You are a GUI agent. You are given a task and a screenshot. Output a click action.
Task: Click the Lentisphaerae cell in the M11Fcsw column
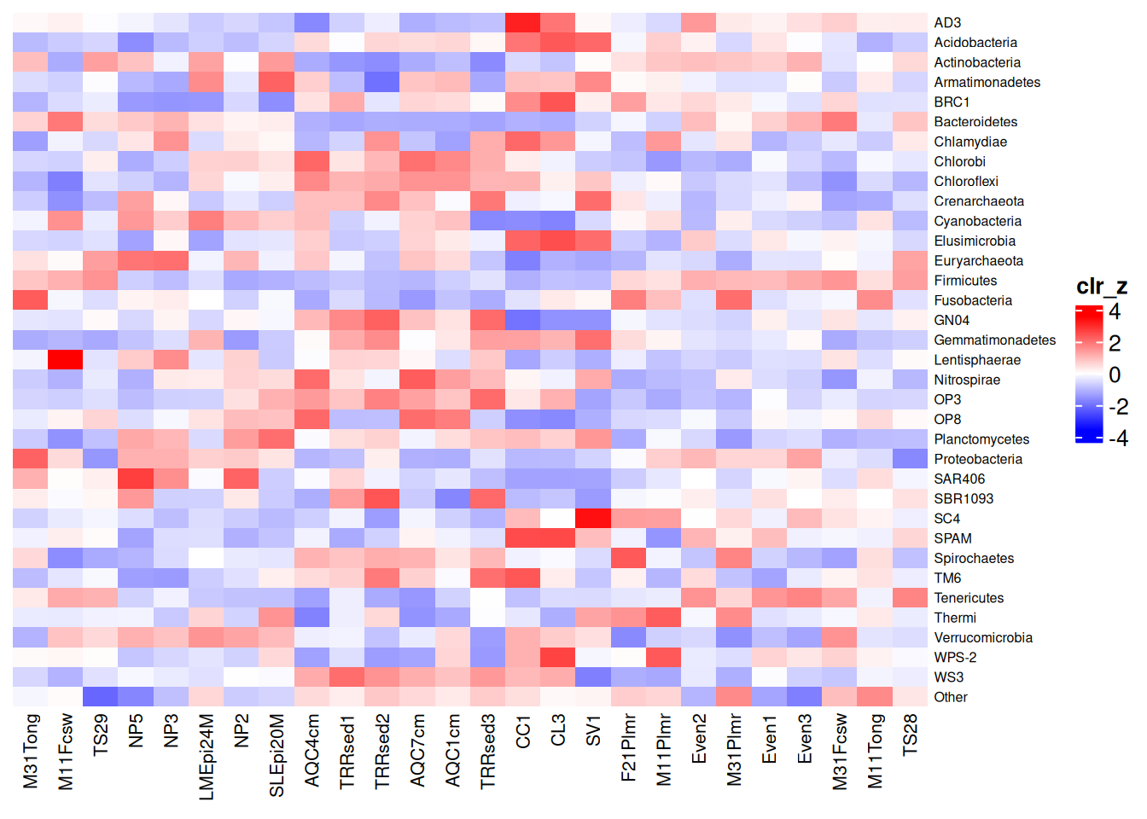tap(66, 360)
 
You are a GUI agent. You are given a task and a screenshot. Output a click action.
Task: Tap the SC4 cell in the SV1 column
tap(593, 519)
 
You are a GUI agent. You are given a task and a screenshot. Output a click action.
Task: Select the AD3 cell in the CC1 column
tap(523, 22)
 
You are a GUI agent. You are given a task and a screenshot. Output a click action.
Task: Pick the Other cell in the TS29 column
tap(101, 697)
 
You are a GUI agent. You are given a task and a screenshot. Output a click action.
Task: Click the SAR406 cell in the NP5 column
tap(136, 479)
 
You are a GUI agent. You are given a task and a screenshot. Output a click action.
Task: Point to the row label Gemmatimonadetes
tap(995, 340)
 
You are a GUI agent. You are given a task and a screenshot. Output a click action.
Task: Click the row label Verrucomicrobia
tap(983, 637)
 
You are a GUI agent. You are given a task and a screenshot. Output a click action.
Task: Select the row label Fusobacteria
tap(973, 300)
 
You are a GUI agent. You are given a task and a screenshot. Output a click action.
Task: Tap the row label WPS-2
tap(955, 657)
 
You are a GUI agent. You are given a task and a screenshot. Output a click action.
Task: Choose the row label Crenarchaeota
tap(979, 201)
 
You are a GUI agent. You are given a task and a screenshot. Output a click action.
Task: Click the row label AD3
tap(947, 22)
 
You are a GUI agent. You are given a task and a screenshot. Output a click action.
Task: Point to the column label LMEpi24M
tap(206, 757)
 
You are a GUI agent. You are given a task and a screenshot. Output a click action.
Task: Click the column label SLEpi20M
tap(277, 756)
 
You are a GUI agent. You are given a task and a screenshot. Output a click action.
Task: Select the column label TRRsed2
tap(382, 752)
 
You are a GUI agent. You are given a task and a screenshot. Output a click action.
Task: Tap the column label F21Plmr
tap(628, 748)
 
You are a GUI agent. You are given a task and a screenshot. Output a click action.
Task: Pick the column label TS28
tap(910, 735)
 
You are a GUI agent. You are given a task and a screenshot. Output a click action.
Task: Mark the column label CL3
tap(557, 730)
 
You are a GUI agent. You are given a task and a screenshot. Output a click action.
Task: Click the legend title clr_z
tap(1102, 286)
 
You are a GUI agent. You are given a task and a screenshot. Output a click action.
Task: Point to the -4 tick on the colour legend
tap(1118, 439)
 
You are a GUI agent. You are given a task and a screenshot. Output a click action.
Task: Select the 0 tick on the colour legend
tap(1115, 375)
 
